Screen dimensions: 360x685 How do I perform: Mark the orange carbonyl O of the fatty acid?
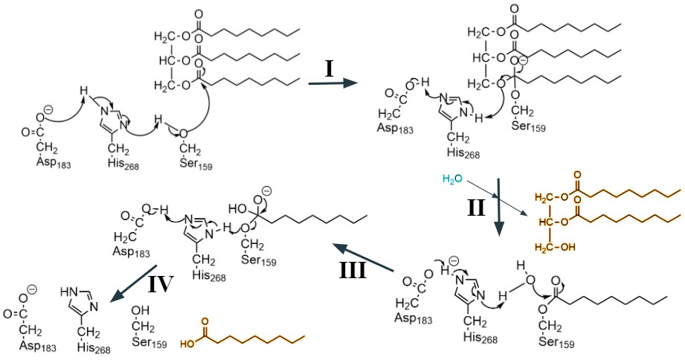(203, 322)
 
